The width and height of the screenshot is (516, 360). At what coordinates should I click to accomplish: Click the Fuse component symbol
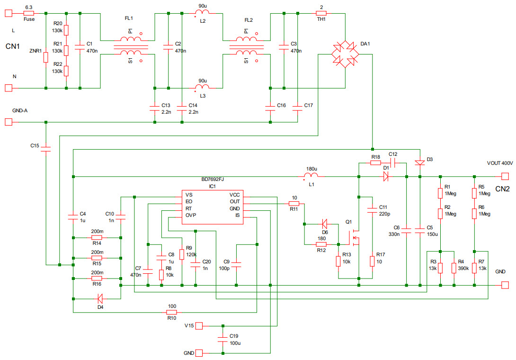[28, 14]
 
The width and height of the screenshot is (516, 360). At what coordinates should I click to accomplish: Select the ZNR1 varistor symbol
[46, 58]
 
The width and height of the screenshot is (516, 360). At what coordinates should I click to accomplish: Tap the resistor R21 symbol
[66, 51]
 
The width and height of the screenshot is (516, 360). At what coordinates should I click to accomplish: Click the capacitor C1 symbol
[80, 47]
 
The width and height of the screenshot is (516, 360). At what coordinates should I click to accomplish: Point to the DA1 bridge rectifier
[345, 54]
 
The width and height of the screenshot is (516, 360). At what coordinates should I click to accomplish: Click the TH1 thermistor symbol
[321, 14]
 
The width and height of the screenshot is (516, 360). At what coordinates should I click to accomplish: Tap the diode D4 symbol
[100, 298]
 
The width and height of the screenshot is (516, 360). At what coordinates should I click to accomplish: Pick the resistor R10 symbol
[172, 313]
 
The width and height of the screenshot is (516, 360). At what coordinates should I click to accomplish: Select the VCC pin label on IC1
[235, 195]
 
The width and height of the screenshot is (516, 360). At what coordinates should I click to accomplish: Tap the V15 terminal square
[199, 326]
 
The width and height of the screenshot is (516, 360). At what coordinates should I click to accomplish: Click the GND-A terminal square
[8, 122]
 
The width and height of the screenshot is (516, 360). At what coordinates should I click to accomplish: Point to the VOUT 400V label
[499, 163]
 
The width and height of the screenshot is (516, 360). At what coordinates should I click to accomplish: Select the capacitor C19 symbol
[222, 339]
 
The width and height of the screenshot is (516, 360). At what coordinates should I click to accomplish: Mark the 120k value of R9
[191, 254]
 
